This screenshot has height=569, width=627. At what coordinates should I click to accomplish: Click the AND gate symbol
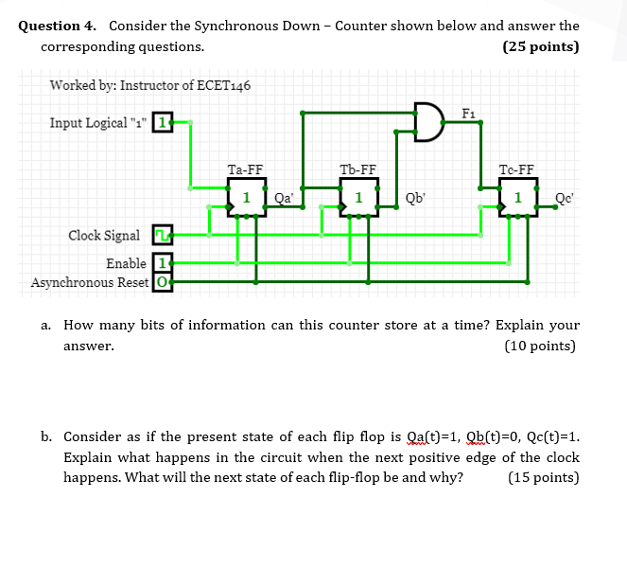tap(428, 123)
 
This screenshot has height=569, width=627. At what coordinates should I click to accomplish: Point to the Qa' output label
tap(284, 198)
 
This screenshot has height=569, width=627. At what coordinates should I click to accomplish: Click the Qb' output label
tap(414, 198)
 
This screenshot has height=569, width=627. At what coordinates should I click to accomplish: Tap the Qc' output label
tap(565, 198)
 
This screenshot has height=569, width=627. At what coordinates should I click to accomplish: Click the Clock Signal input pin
tap(161, 235)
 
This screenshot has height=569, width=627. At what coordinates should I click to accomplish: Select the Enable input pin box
tap(163, 263)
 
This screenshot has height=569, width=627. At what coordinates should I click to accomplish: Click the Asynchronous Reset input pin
tap(163, 281)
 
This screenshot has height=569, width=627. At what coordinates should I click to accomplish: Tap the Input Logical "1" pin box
tap(163, 123)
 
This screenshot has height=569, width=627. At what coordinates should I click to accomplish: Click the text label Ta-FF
tap(245, 170)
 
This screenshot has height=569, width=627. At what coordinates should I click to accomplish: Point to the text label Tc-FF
tap(516, 170)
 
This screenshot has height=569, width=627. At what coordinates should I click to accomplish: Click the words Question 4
tap(60, 26)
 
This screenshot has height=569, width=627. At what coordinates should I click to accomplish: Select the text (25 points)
tap(541, 46)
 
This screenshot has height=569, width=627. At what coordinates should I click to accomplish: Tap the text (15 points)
tap(543, 476)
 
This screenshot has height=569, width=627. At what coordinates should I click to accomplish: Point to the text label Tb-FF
tap(358, 170)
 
